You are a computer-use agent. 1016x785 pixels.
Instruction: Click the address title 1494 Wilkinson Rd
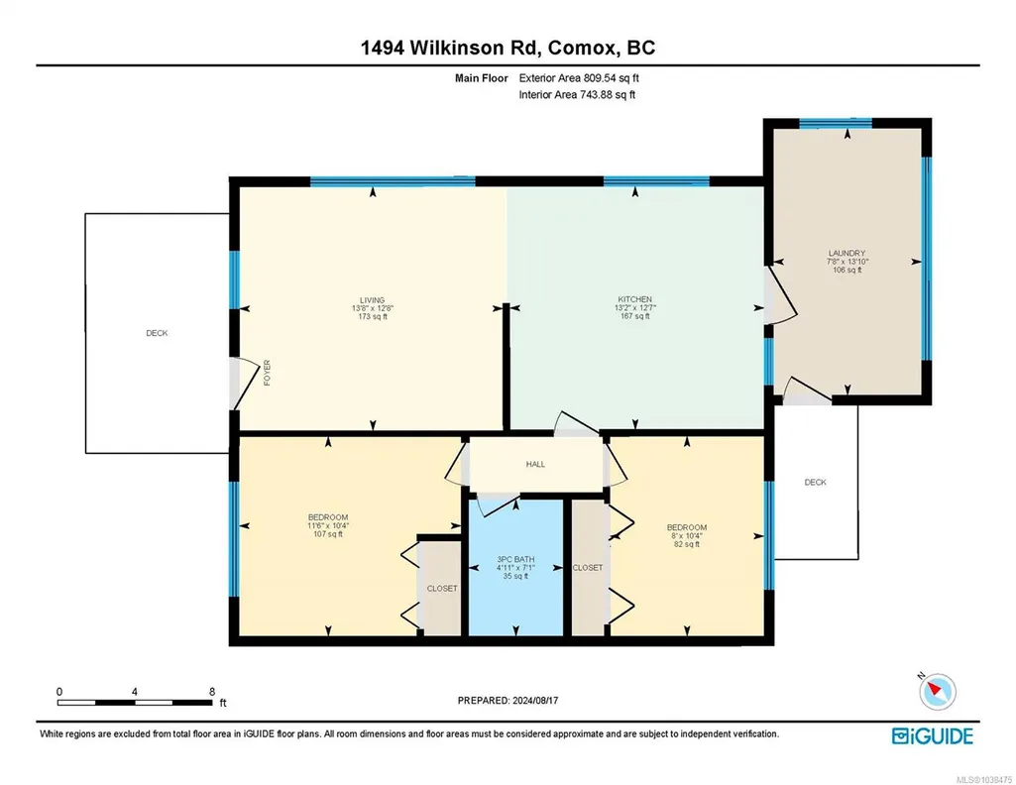(451, 48)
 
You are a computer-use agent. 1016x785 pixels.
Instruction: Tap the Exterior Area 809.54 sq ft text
(579, 77)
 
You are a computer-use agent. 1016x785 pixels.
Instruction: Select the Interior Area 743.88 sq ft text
(577, 94)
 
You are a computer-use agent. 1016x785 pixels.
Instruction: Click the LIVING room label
(373, 300)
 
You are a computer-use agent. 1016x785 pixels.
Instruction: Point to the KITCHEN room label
(635, 299)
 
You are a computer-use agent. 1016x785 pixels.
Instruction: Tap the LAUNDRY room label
(847, 254)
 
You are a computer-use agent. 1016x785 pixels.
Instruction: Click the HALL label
(535, 465)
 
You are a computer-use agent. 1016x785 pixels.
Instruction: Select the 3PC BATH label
(515, 559)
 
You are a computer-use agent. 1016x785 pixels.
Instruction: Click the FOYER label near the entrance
(267, 373)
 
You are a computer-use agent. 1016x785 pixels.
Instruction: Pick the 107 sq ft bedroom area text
(328, 534)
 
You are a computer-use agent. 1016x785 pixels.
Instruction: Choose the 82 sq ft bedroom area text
(687, 544)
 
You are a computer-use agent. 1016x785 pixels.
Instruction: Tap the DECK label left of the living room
(157, 333)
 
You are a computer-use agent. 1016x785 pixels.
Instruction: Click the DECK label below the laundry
(815, 482)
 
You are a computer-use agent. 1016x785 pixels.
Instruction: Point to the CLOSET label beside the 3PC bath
(588, 567)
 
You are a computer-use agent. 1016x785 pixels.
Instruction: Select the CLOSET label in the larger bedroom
(442, 589)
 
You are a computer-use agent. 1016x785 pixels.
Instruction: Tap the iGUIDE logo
(933, 736)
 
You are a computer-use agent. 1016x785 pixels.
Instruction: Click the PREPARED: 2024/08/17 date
(508, 700)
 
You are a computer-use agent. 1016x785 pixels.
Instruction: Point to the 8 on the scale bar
(212, 692)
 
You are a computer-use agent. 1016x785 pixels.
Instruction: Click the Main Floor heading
(482, 78)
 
